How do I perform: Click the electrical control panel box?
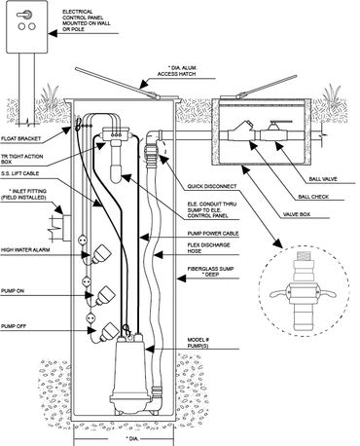[27, 26]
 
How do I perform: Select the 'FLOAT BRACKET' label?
[21, 139]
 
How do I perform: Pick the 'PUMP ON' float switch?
[105, 295]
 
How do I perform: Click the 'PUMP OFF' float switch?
[108, 331]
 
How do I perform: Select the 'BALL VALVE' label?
[323, 179]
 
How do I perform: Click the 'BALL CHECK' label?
[313, 197]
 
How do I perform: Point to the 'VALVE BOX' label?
[297, 214]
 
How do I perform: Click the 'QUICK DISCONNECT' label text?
[212, 187]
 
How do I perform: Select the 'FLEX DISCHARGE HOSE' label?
[208, 248]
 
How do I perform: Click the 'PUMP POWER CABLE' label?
[213, 234]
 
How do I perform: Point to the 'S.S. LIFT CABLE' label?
[19, 173]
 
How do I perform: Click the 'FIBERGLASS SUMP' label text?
[210, 269]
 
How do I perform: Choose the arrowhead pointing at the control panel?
[53, 33]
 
